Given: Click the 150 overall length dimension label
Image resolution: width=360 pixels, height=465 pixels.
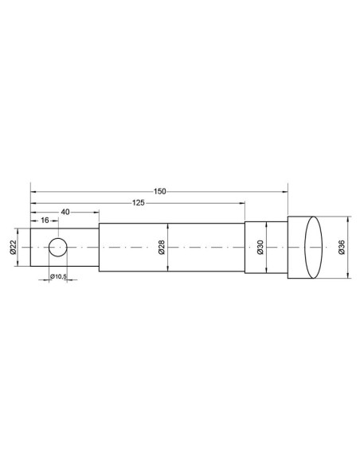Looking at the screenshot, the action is [160, 192].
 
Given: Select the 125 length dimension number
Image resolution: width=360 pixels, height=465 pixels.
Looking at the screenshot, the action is [139, 203].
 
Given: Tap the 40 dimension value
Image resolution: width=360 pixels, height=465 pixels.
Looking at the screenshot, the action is [65, 212].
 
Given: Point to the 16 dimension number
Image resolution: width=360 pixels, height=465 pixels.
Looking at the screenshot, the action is [45, 221].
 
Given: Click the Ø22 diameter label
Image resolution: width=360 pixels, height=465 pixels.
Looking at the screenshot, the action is [13, 248].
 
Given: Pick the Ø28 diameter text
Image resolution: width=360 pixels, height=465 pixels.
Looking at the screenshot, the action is [162, 247].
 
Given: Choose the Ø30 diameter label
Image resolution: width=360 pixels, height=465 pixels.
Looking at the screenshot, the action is [260, 248].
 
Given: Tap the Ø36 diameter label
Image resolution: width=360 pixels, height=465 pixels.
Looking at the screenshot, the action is [342, 248].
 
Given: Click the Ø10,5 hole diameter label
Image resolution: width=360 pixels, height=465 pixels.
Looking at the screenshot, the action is [58, 276].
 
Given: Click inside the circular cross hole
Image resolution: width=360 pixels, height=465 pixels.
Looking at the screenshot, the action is [58, 247].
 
